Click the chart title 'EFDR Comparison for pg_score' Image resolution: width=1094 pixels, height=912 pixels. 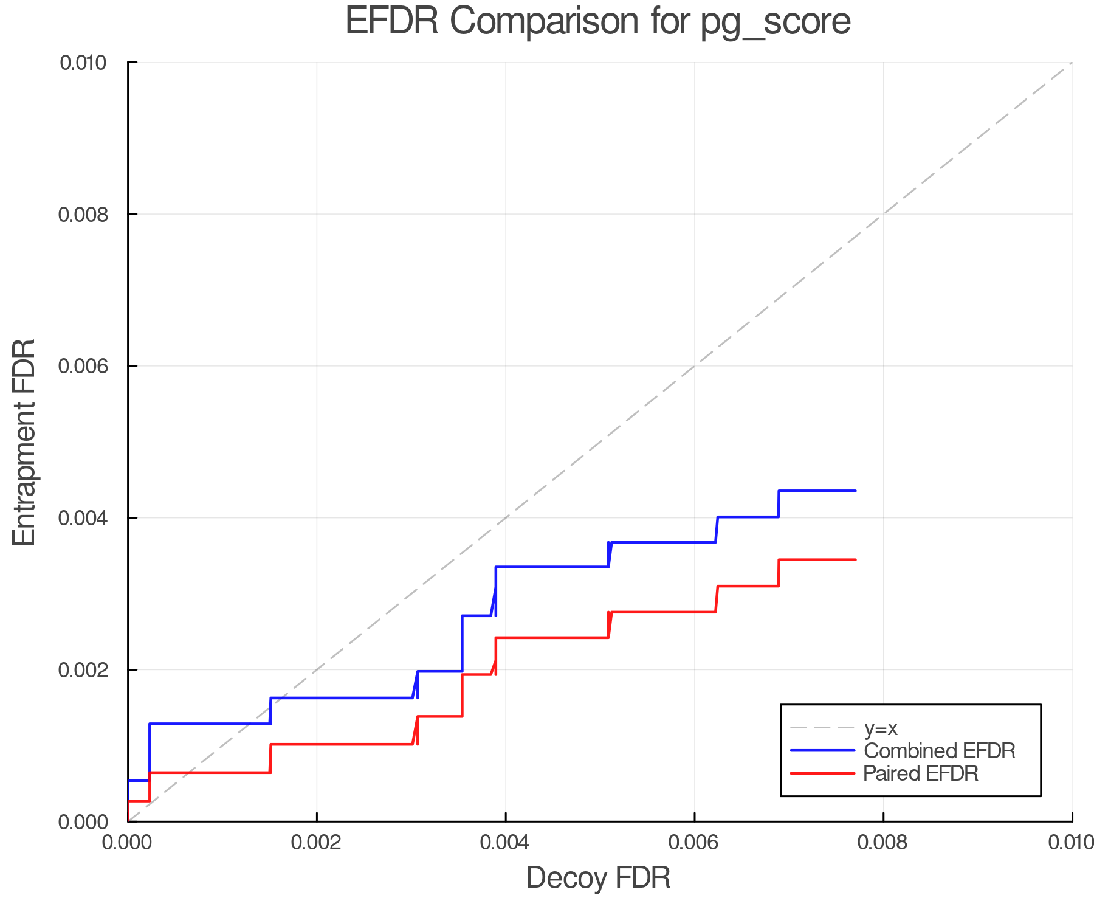coord(598,22)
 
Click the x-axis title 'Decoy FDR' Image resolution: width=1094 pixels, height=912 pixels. coord(598,878)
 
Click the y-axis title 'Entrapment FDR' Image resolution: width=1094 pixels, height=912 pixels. coord(24,443)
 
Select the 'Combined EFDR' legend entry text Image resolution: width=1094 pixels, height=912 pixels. coord(939,751)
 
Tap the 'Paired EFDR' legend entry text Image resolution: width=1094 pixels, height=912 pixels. coord(921,773)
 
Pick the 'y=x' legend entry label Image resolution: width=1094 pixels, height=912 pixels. coord(881,728)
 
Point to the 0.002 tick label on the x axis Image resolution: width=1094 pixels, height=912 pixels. coord(317,843)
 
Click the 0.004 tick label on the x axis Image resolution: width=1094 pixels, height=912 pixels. coord(506,843)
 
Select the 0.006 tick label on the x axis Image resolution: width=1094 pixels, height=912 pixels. coord(694,843)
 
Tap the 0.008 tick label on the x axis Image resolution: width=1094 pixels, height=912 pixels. coord(883,843)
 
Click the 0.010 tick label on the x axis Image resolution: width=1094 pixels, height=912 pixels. coord(1071,843)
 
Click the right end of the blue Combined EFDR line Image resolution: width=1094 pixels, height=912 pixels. coord(855,491)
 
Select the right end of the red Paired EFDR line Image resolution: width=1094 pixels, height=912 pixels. coord(855,559)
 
